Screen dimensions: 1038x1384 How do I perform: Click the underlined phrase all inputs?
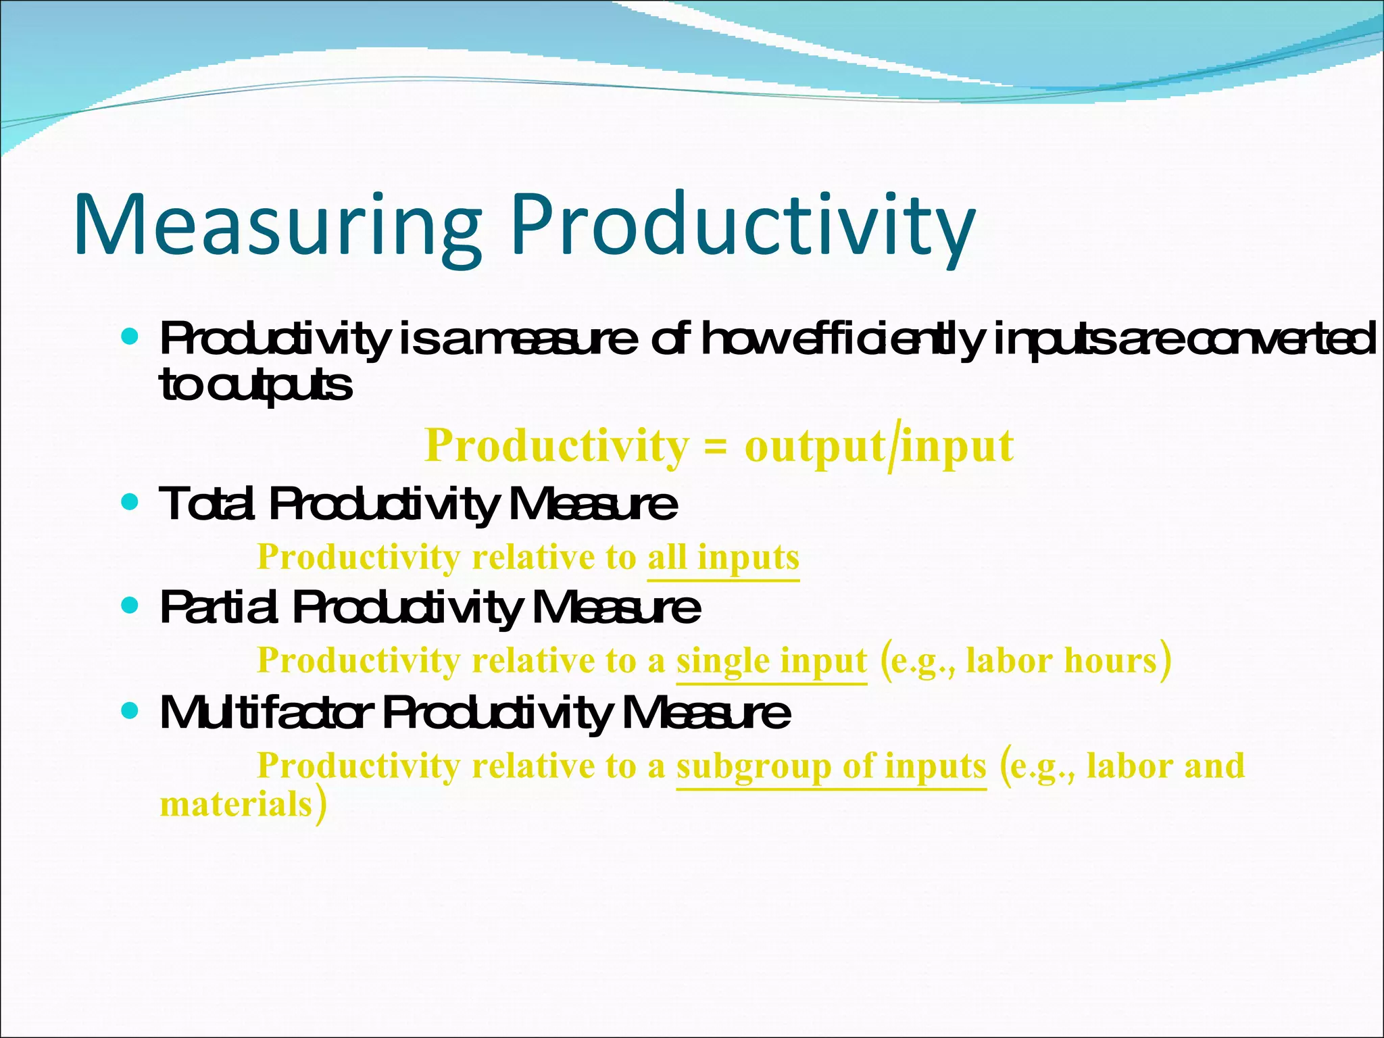pyautogui.click(x=723, y=558)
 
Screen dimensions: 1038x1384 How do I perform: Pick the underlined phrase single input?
pyautogui.click(x=771, y=661)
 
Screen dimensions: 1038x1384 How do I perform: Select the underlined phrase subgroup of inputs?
pyautogui.click(x=831, y=766)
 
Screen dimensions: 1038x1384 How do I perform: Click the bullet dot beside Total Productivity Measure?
pyautogui.click(x=129, y=503)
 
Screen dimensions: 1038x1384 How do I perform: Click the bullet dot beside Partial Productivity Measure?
pyautogui.click(x=129, y=605)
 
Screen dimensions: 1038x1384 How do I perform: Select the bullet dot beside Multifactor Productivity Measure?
pyautogui.click(x=129, y=711)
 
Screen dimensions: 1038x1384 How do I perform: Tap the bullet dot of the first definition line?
pyautogui.click(x=129, y=336)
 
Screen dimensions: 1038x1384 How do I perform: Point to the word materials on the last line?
pyautogui.click(x=236, y=805)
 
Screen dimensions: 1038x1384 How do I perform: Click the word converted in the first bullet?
pyautogui.click(x=1281, y=340)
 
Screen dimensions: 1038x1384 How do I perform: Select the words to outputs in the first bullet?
pyautogui.click(x=255, y=387)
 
